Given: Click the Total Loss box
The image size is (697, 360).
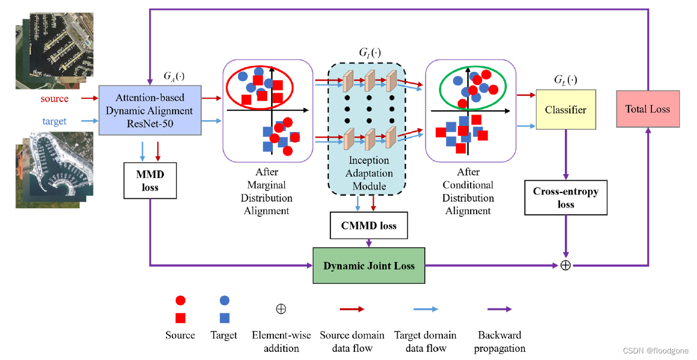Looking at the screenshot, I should pyautogui.click(x=648, y=109).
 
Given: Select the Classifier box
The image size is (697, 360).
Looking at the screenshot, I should pyautogui.click(x=565, y=110).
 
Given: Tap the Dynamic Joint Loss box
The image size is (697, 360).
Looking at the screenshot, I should pyautogui.click(x=369, y=266).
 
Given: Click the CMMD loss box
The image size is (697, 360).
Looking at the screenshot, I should pyautogui.click(x=369, y=225).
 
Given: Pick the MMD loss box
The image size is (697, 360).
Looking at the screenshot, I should pyautogui.click(x=150, y=180).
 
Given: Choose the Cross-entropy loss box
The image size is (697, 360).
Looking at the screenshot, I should pyautogui.click(x=565, y=198).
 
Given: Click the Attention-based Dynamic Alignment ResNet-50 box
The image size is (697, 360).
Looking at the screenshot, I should pyautogui.click(x=150, y=110).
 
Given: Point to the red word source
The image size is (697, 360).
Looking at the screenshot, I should pyautogui.click(x=54, y=99).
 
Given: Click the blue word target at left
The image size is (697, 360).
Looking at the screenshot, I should pyautogui.click(x=54, y=121).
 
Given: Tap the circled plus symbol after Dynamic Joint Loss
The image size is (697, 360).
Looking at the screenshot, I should pyautogui.click(x=565, y=265).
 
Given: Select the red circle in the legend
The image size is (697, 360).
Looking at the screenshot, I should pyautogui.click(x=180, y=300).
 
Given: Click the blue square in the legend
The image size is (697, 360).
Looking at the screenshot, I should pyautogui.click(x=224, y=317).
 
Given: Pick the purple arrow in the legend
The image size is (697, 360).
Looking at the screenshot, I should pyautogui.click(x=499, y=309).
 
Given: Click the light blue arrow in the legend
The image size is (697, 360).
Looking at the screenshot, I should pyautogui.click(x=425, y=309).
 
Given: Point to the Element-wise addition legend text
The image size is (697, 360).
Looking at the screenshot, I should pyautogui.click(x=281, y=341).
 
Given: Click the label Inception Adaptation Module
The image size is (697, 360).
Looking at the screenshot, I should pyautogui.click(x=369, y=173).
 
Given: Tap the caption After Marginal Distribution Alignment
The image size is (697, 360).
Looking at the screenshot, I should pyautogui.click(x=267, y=191).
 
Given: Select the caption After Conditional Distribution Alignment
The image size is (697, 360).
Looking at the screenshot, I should pyautogui.click(x=468, y=191).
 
